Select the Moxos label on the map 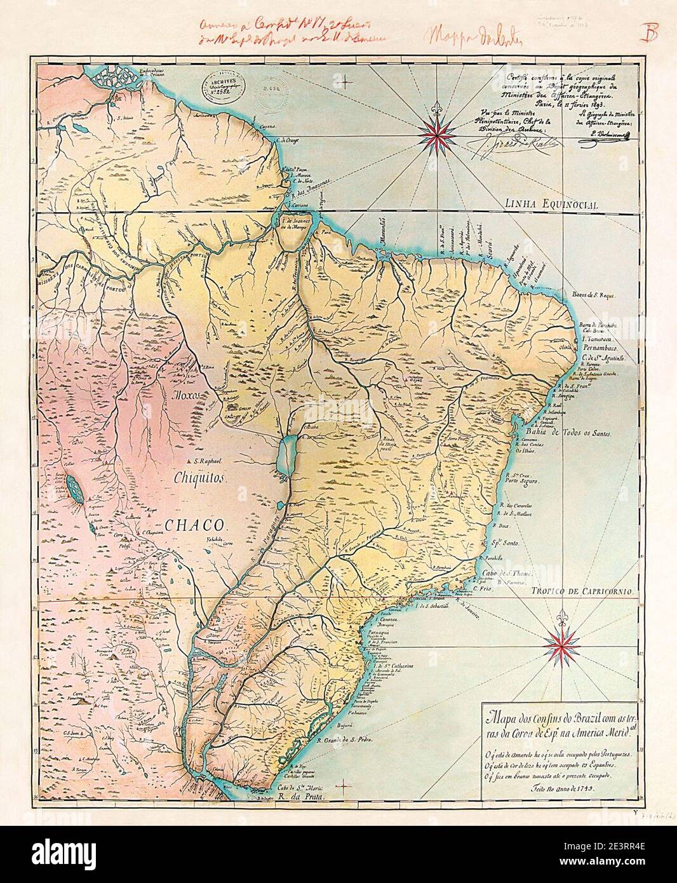tap(188, 394)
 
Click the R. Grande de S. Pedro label tap(339, 739)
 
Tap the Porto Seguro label tap(520, 482)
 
